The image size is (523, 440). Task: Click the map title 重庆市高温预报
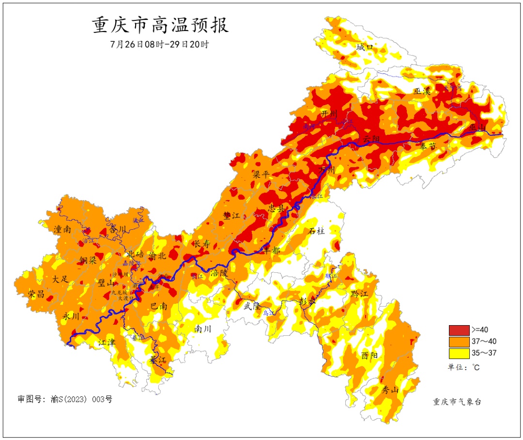pyautogui.click(x=160, y=25)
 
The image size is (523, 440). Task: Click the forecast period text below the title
pyautogui.click(x=159, y=44)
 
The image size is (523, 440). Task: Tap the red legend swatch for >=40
pyautogui.click(x=459, y=330)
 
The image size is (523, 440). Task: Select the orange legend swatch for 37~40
pyautogui.click(x=459, y=342)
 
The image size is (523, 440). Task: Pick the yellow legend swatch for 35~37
pyautogui.click(x=459, y=353)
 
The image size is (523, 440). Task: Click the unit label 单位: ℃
pyautogui.click(x=463, y=367)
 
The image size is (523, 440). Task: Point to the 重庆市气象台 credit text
pyautogui.click(x=457, y=402)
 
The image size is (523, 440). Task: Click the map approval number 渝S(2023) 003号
pyautogui.click(x=65, y=400)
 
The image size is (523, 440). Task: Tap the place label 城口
pyautogui.click(x=365, y=47)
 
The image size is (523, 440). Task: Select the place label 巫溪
pyautogui.click(x=422, y=91)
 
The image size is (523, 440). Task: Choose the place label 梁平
pyautogui.click(x=261, y=174)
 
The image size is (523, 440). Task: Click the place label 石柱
pyautogui.click(x=317, y=231)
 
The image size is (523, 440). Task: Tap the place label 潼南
pyautogui.click(x=62, y=230)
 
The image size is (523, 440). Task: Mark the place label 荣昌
pyautogui.click(x=36, y=294)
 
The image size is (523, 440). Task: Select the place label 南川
pyautogui.click(x=203, y=329)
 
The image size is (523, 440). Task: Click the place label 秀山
pyautogui.click(x=390, y=390)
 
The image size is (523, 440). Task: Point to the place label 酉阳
pyautogui.click(x=369, y=355)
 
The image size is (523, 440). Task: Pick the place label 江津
pyautogui.click(x=107, y=342)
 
